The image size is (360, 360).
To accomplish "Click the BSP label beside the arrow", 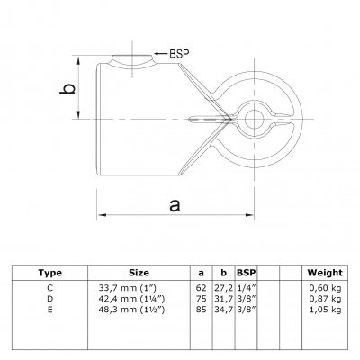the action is tap(179, 54).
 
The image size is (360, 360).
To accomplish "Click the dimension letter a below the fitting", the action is tap(175, 205).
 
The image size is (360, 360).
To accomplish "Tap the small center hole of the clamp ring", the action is tap(254, 119).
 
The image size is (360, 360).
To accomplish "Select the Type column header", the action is tap(50, 273).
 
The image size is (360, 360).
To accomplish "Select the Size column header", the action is tap(139, 273).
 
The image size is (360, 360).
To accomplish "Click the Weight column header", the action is tap(325, 273).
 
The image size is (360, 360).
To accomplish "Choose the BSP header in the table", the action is tap(247, 273).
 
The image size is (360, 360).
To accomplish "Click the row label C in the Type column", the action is tap(50, 288).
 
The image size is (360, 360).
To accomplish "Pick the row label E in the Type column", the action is tap(50, 310).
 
